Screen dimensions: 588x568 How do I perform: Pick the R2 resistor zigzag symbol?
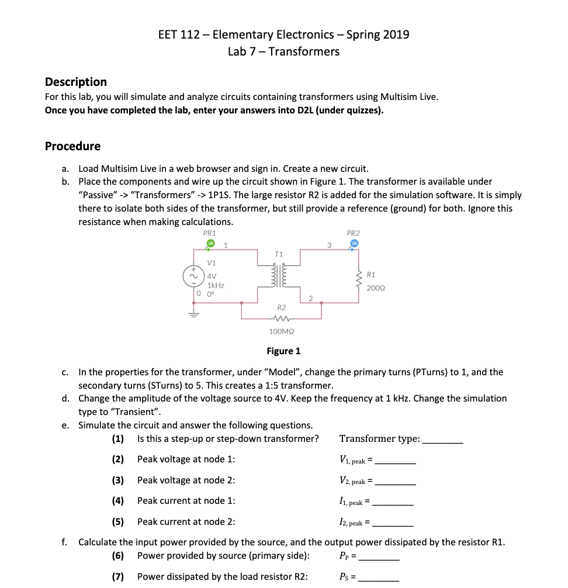(281, 319)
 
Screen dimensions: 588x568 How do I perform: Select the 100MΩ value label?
(281, 331)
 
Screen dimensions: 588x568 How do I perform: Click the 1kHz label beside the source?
(215, 285)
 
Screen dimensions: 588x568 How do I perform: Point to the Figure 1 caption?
(283, 351)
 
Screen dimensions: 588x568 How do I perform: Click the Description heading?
(75, 82)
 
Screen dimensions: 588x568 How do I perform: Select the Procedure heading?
(72, 146)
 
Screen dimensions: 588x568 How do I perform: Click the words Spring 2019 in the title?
(377, 34)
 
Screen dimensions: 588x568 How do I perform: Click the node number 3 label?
(329, 245)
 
